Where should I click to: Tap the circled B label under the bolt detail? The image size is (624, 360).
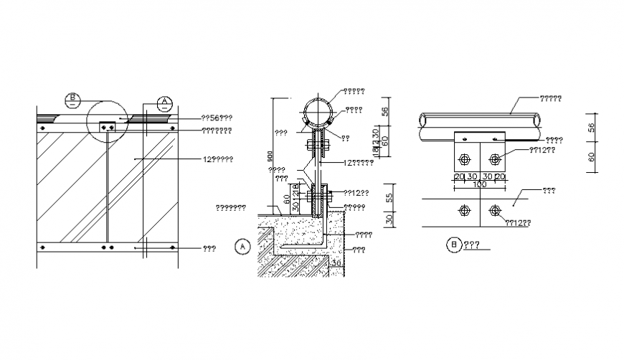click(454, 245)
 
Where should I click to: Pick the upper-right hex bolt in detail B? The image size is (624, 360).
click(494, 158)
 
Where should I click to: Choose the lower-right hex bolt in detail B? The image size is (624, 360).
click(494, 210)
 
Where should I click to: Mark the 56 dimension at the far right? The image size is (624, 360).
click(592, 126)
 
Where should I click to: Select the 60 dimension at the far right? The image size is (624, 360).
click(592, 158)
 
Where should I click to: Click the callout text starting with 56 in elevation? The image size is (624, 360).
click(216, 118)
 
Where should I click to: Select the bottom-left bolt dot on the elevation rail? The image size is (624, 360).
click(43, 247)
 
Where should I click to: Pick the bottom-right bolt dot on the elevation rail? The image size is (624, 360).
click(172, 247)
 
